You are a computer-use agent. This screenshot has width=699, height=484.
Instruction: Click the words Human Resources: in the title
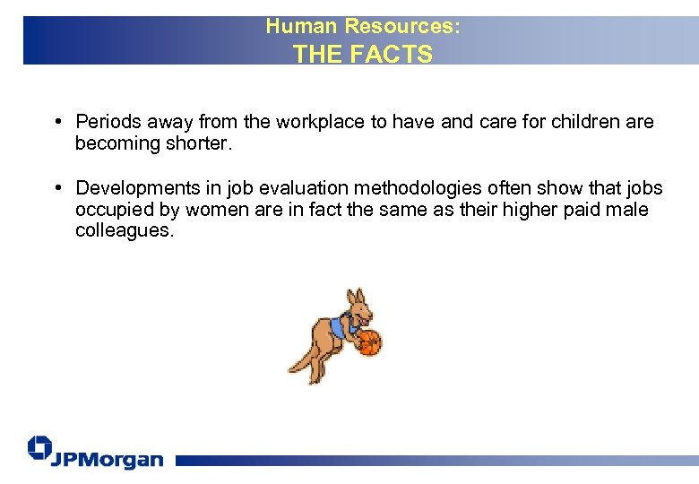(363, 27)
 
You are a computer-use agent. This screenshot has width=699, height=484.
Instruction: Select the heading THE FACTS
(363, 54)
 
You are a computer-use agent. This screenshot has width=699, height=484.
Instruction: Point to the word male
(627, 210)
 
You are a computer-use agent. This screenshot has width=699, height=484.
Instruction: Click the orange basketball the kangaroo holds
(369, 342)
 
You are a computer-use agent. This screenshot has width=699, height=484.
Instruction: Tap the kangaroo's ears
(356, 296)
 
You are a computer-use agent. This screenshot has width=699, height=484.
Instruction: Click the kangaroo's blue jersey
(341, 327)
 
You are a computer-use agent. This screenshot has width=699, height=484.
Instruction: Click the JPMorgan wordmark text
(108, 459)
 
